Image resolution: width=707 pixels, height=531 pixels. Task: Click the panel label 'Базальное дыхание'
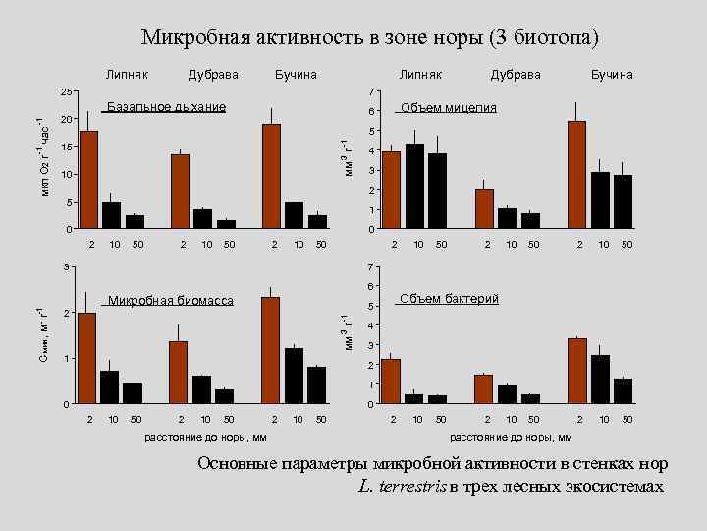[x=166, y=106]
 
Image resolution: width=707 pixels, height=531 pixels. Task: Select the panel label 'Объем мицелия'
[x=448, y=107]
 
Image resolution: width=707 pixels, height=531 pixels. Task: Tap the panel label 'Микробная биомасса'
[x=171, y=300]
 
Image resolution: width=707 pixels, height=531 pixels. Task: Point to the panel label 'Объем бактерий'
[x=449, y=298]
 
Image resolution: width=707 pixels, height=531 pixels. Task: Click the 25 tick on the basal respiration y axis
[x=66, y=91]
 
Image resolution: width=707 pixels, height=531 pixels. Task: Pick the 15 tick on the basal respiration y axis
[x=66, y=147]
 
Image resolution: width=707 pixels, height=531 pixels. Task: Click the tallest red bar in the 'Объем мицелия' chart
[x=576, y=175]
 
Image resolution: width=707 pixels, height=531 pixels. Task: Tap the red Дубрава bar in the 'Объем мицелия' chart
[x=484, y=208]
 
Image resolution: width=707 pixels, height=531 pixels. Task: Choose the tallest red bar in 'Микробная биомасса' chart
[x=272, y=350]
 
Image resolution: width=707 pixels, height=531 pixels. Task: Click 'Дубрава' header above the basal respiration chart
[x=213, y=75]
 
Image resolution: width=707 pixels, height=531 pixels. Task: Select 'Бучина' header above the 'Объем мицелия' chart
[x=612, y=75]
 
